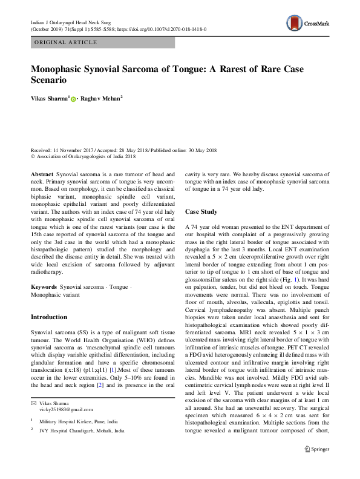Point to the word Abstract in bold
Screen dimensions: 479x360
(x=41, y=173)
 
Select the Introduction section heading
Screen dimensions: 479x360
(x=49, y=317)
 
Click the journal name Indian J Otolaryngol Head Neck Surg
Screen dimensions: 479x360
(x=74, y=21)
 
